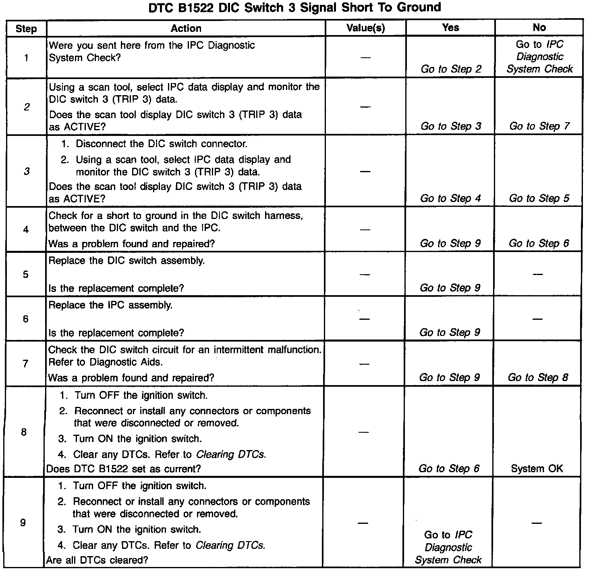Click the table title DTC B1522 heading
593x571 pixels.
[x=295, y=7]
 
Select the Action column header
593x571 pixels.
[x=186, y=28]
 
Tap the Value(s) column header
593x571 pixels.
[x=365, y=28]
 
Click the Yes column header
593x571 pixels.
[x=450, y=27]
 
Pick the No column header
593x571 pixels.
[x=539, y=27]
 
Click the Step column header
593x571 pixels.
[x=26, y=29]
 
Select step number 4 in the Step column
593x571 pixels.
[x=26, y=230]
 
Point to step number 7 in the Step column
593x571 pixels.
[x=25, y=364]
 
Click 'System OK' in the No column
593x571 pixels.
[x=537, y=469]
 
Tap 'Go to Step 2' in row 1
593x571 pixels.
[x=451, y=69]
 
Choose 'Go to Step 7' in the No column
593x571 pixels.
[x=539, y=126]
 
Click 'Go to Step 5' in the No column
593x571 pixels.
[x=539, y=198]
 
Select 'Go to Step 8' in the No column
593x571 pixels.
[x=538, y=377]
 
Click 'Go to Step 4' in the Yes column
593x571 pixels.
[x=450, y=198]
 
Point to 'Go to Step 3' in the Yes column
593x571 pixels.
[x=451, y=126]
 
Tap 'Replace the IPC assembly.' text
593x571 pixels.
[x=110, y=305]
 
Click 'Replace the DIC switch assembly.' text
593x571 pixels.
[x=126, y=260]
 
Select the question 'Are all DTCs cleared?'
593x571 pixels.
[x=97, y=560]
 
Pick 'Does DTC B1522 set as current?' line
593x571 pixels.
[x=124, y=469]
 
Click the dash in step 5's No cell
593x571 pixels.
[x=537, y=275]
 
